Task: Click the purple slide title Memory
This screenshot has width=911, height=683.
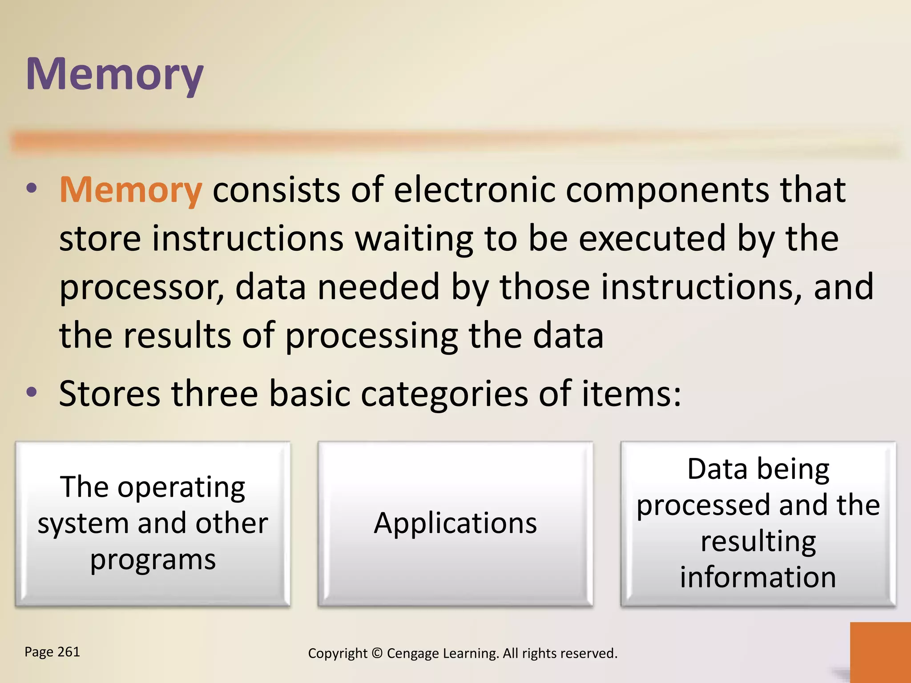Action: point(114,75)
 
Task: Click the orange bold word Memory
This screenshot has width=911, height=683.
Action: point(130,190)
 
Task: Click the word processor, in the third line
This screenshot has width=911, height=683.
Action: point(141,288)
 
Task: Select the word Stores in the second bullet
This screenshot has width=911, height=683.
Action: point(109,394)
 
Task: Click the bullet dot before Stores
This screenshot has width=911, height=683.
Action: point(32,392)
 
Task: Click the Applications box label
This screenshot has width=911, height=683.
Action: point(455,523)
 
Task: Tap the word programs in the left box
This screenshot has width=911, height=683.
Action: point(153,560)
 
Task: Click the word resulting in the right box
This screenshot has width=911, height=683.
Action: point(758,542)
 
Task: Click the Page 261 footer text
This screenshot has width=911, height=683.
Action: point(52,652)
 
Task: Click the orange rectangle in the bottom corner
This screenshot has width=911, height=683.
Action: point(880,652)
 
